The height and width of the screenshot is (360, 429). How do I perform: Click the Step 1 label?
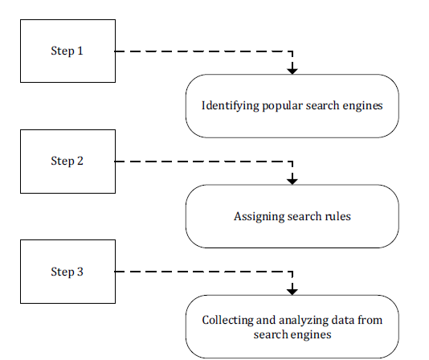tap(67, 51)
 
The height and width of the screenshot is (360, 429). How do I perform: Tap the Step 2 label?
tap(67, 161)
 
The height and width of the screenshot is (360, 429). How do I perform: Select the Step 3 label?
tap(67, 272)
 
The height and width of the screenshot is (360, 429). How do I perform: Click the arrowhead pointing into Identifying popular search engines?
tap(292, 72)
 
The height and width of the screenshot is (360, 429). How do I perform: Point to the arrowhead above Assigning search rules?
tap(292, 182)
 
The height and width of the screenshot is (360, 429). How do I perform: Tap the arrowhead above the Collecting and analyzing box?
tap(292, 292)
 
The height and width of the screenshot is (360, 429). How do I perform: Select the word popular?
tap(283, 106)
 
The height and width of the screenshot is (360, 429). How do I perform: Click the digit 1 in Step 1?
tap(80, 51)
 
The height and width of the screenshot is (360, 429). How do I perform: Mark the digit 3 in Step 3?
tap(80, 272)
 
